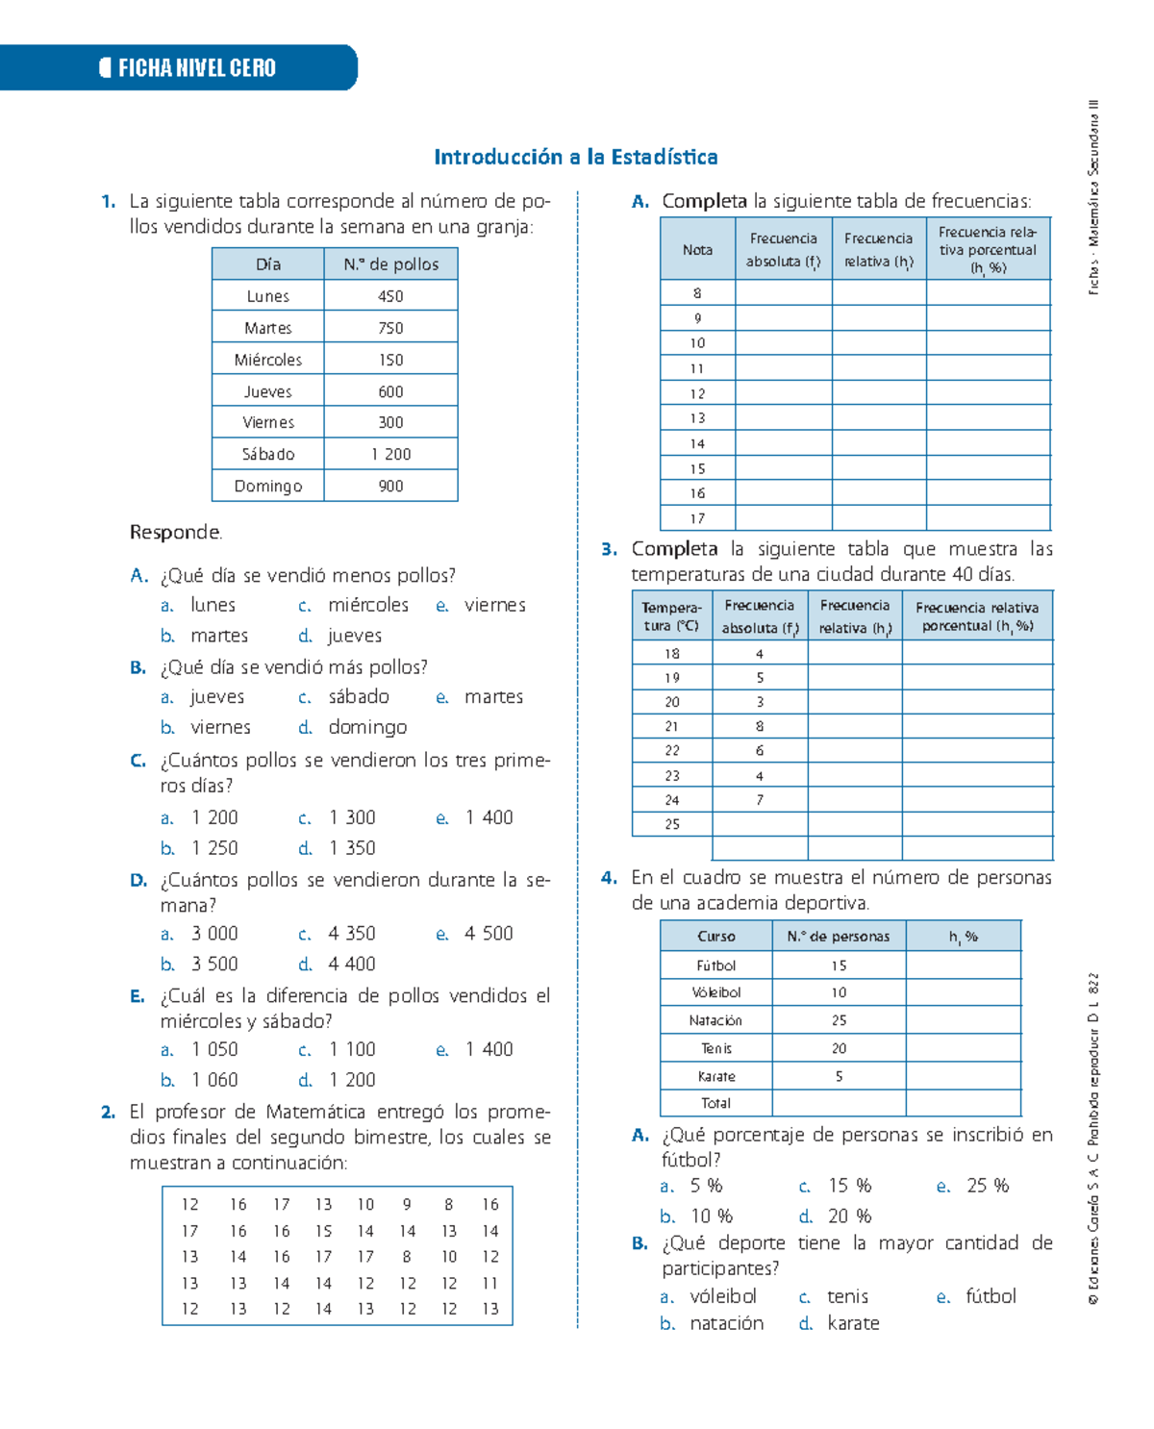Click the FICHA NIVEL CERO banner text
(196, 68)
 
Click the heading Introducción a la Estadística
(575, 157)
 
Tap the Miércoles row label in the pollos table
(267, 360)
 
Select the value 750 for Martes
(390, 328)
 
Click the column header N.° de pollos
(390, 264)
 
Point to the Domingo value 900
(390, 487)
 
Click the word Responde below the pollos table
(175, 533)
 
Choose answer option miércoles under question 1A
(367, 605)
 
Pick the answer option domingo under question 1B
(367, 727)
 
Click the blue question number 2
(108, 1113)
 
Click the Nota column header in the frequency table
(697, 250)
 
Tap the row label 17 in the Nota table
(697, 518)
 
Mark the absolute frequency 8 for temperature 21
(760, 727)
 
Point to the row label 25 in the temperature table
(671, 824)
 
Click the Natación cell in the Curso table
(715, 1020)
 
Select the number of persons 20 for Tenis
(839, 1049)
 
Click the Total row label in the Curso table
(715, 1104)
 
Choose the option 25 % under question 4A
(988, 1186)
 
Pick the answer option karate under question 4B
(853, 1323)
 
